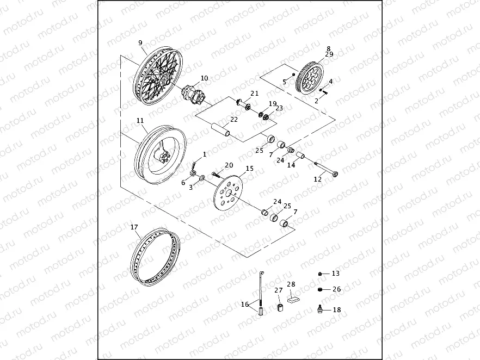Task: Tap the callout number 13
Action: coord(335,273)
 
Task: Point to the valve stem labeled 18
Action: coord(321,309)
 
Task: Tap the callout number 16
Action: coord(244,304)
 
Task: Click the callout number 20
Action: coord(229,165)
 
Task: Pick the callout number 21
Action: coord(254,94)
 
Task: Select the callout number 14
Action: coord(291,165)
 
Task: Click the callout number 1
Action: coord(205,154)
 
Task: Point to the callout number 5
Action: coord(284,82)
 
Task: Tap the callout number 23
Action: coord(279,108)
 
